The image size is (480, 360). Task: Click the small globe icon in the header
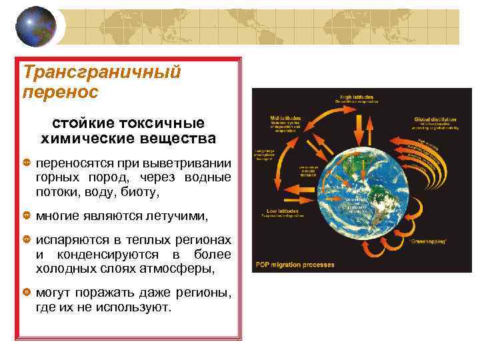31,27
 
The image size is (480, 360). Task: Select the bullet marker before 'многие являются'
27,217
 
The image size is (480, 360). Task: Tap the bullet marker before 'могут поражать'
27,293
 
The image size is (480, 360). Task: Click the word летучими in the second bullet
179,217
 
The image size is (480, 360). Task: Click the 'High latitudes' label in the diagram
357,97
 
